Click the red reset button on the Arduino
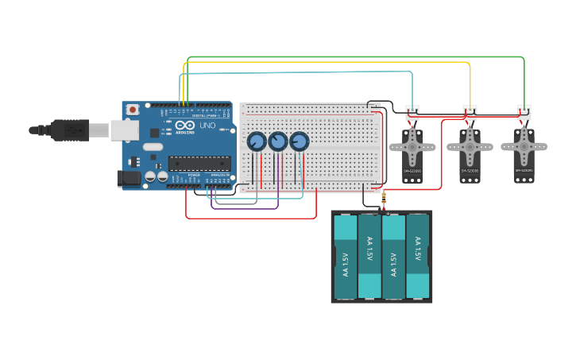133,109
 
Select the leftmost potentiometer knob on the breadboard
257,141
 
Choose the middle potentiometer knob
277,141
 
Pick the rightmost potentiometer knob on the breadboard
299,141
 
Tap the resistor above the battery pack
384,199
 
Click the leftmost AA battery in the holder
346,257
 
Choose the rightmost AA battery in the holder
417,257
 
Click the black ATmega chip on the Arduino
199,163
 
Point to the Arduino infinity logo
185,126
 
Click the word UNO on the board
207,126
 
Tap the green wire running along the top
358,57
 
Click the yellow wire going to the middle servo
334,63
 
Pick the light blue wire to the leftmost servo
302,72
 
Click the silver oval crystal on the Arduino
153,147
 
